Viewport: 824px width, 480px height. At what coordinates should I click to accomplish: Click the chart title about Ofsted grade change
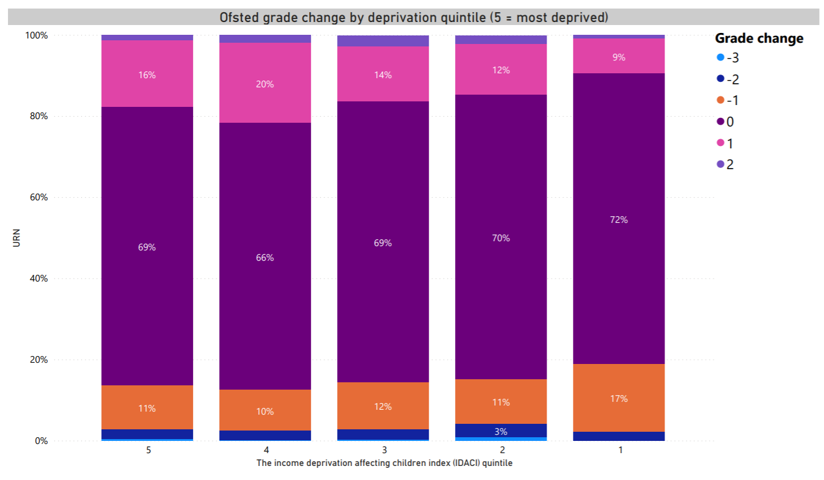[414, 17]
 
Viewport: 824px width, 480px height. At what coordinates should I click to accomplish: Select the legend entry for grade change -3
[732, 58]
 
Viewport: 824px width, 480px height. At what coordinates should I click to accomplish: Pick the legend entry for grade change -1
[732, 101]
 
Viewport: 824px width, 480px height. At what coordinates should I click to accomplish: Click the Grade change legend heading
[759, 38]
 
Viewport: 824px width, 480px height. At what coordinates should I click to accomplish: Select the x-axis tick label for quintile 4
[265, 450]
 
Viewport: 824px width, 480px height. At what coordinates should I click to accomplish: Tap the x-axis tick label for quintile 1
[619, 450]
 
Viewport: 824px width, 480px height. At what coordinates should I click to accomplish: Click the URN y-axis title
[16, 238]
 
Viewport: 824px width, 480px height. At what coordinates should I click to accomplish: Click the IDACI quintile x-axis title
[384, 464]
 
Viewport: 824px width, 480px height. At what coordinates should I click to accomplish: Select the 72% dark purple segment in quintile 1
[619, 219]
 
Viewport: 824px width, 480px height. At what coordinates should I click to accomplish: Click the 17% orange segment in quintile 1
[619, 398]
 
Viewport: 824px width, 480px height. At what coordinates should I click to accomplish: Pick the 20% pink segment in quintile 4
[265, 84]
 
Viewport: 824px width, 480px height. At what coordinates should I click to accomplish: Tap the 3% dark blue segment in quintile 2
[501, 431]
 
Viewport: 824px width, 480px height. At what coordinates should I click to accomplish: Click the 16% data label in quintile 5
[147, 75]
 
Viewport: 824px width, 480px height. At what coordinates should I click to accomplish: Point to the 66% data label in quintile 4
[265, 258]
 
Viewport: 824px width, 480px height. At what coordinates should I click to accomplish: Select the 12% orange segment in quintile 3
[383, 406]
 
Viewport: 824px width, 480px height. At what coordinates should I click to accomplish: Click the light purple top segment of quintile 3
[383, 41]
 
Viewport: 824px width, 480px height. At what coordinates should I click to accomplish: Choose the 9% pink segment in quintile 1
[619, 57]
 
